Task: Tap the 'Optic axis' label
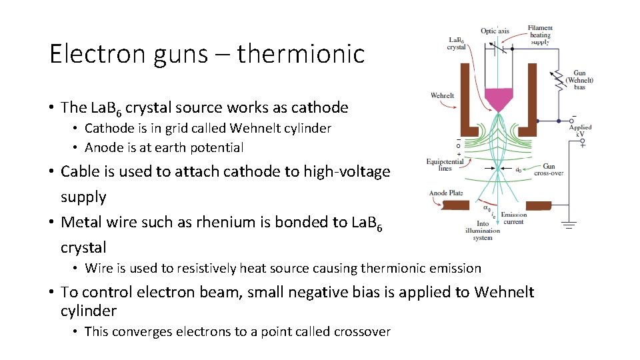495,31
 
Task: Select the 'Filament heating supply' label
540,35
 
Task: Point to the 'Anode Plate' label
447,193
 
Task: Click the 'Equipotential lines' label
439,165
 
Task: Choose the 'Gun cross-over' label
549,170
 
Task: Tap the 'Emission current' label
513,218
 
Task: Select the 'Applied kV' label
580,131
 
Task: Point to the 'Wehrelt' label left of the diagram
442,95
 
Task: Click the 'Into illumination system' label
483,231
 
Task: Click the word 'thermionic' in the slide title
301,54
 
